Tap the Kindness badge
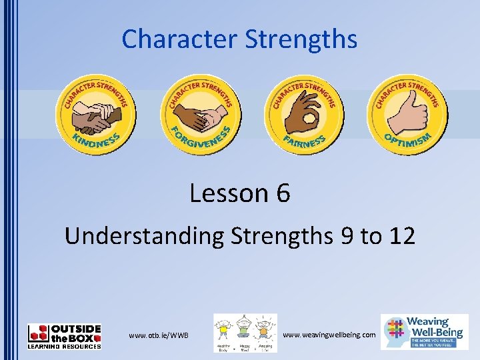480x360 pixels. pos(96,115)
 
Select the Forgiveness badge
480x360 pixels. pos(201,115)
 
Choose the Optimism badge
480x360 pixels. pos(408,115)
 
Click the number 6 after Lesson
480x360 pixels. pos(283,193)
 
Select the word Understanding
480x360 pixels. pos(143,235)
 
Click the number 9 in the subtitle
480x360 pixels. pos(346,235)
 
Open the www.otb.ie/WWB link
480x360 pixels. pos(159,335)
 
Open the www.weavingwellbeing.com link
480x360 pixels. pos(329,334)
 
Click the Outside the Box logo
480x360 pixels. pos(65,336)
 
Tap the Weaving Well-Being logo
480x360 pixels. pos(424,331)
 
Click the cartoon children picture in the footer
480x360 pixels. pos(245,333)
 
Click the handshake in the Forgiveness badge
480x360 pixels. pos(200,113)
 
